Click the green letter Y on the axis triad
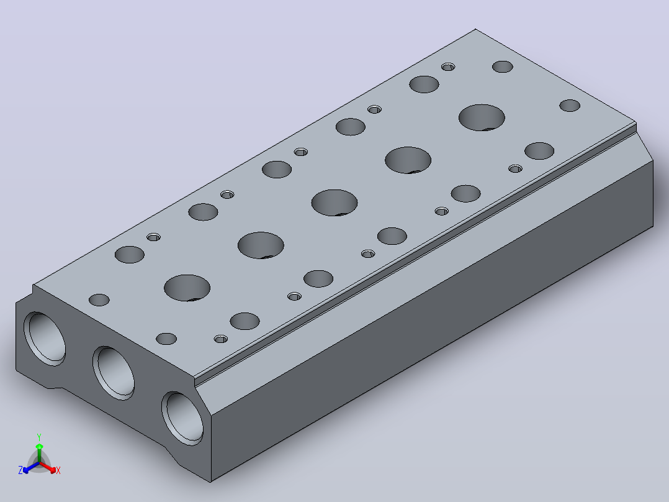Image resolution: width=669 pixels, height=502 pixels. tap(39, 437)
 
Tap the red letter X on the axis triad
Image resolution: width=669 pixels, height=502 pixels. tap(58, 470)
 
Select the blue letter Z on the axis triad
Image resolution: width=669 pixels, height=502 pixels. tap(20, 470)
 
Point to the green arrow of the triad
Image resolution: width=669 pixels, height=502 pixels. tap(39, 453)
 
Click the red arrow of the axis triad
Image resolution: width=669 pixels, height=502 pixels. tap(48, 467)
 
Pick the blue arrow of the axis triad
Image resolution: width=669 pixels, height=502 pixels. tap(31, 467)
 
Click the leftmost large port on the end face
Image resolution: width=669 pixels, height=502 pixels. tap(45, 339)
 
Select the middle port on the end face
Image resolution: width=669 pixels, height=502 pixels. tap(114, 373)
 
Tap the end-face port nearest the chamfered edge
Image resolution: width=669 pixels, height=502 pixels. tap(182, 418)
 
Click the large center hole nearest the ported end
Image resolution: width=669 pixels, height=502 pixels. tap(187, 288)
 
